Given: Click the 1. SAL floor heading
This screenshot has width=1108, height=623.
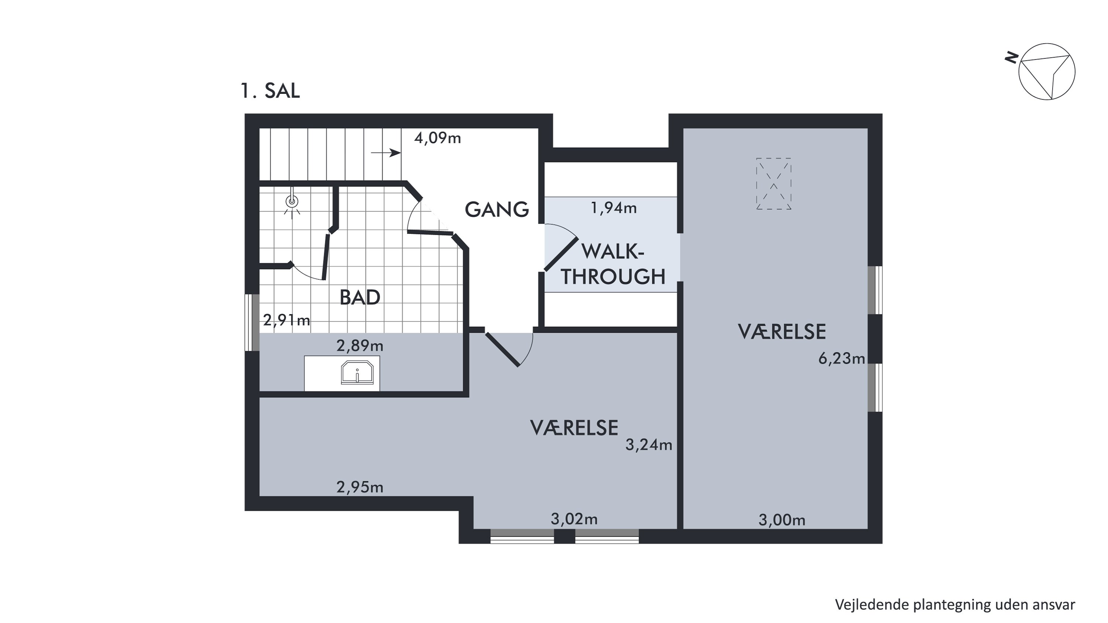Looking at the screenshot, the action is coord(270,91).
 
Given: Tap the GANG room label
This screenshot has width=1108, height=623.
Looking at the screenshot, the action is coord(497,209).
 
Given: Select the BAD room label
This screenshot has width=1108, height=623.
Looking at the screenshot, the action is coord(360,298).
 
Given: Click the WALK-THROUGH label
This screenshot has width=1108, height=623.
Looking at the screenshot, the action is coord(613,264).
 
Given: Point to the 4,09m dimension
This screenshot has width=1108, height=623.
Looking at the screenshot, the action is coord(437,138).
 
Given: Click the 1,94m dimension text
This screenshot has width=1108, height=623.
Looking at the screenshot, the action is coord(614,208).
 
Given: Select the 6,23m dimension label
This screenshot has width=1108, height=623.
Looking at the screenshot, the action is coord(841,359).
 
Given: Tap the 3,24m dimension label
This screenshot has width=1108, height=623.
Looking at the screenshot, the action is coord(649,445).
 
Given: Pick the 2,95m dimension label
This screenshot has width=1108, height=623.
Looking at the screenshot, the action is coord(360,487).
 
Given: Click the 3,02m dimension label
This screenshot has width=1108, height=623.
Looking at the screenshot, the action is coord(574,519).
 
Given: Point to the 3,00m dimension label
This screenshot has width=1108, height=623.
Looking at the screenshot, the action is coord(782,520).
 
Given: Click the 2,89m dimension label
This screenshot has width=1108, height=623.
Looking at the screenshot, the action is coord(360,346).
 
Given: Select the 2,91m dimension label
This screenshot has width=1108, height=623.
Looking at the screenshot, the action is coord(287,320).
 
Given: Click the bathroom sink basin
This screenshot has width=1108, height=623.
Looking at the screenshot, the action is coord(357,372).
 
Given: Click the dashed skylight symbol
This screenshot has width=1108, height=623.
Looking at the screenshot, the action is coord(774,184).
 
